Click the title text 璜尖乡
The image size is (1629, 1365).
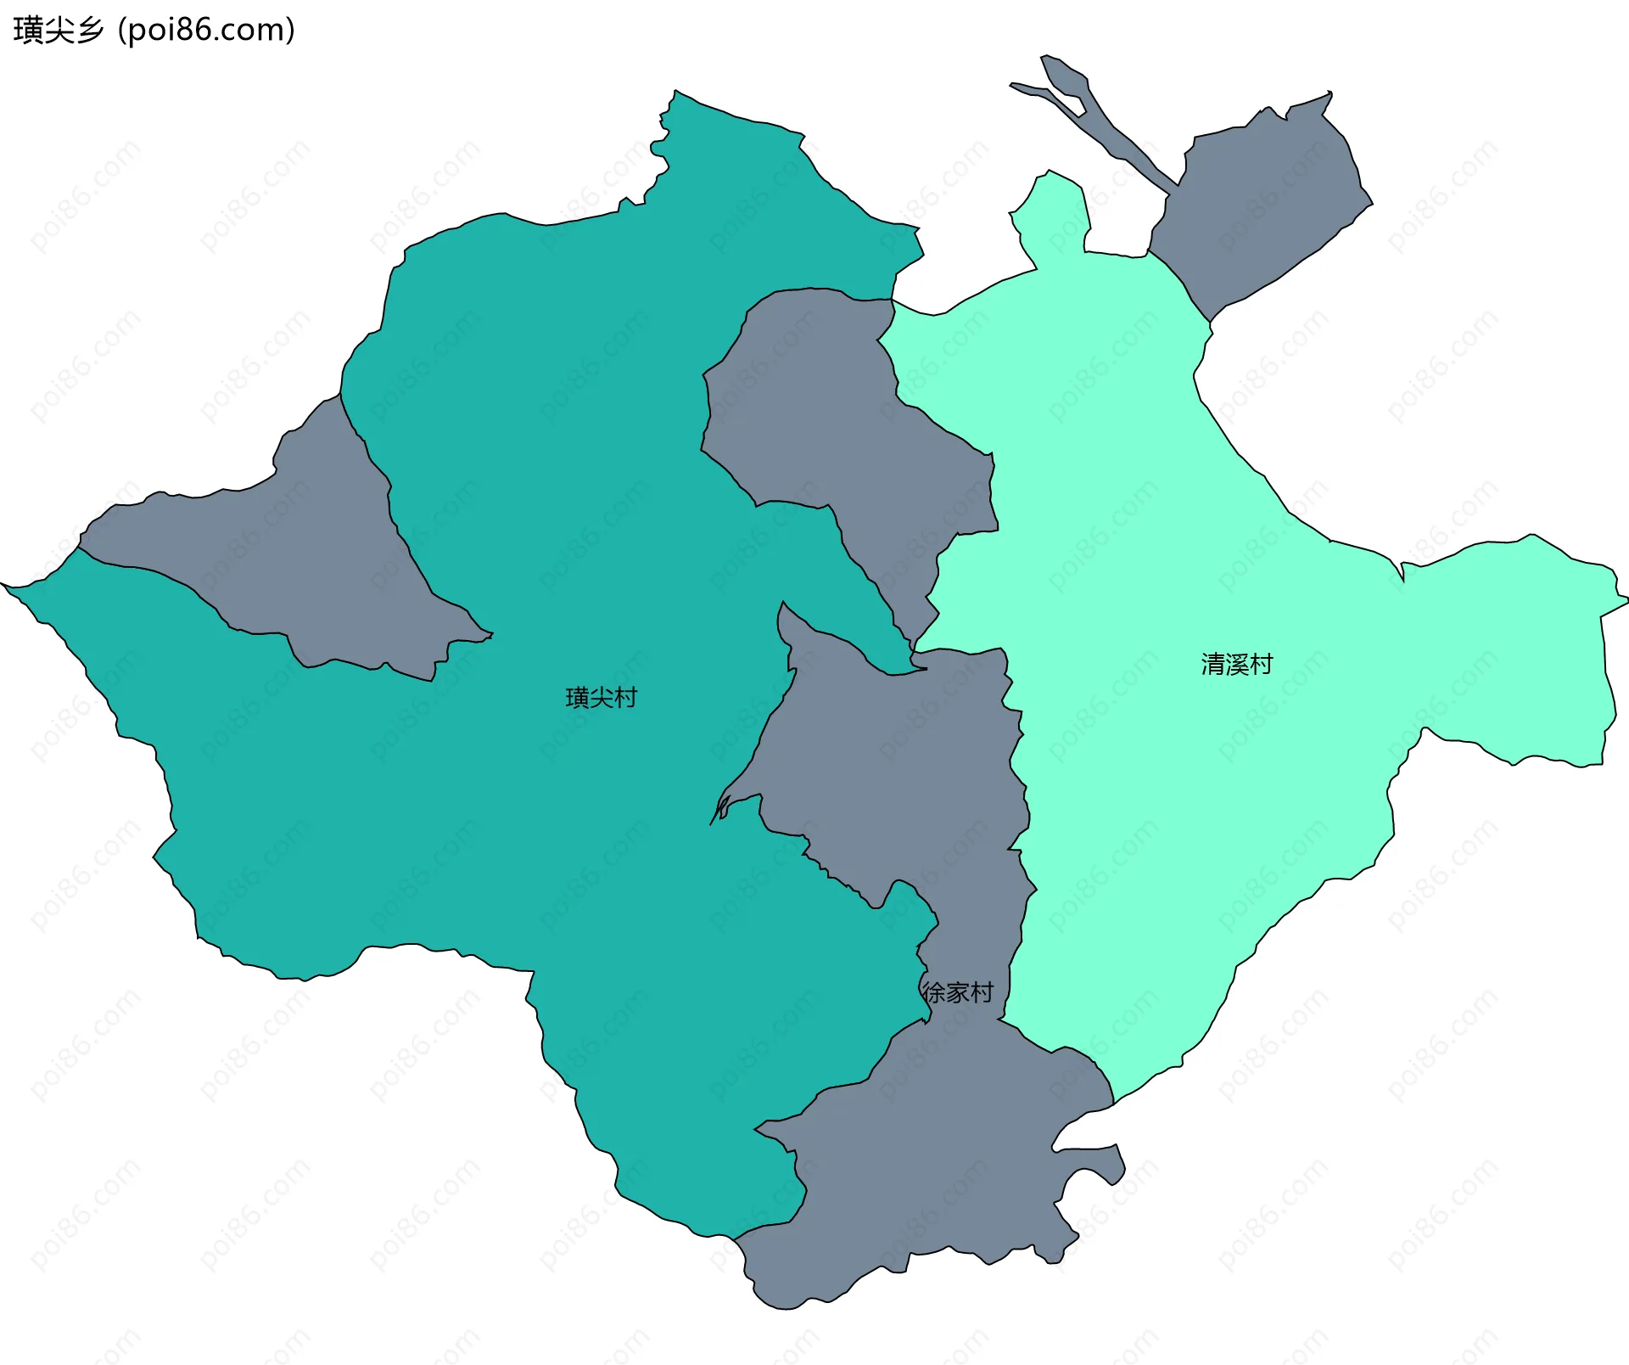pyautogui.click(x=58, y=31)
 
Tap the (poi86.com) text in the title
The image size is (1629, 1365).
pyautogui.click(x=206, y=31)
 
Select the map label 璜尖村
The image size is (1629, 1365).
pyautogui.click(x=601, y=698)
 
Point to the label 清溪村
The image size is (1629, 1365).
pyautogui.click(x=1237, y=664)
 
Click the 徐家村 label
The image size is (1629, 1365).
pyautogui.click(x=958, y=992)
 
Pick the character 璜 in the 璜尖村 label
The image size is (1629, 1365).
pyautogui.click(x=577, y=698)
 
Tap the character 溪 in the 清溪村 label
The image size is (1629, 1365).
pyautogui.click(x=1237, y=664)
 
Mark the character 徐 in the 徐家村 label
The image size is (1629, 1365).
pyautogui.click(x=934, y=992)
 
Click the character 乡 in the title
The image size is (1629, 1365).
pyautogui.click(x=89, y=31)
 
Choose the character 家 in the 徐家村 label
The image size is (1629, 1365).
pyautogui.click(x=958, y=992)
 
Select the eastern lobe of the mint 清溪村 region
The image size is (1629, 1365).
pyautogui.click(x=1519, y=645)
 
